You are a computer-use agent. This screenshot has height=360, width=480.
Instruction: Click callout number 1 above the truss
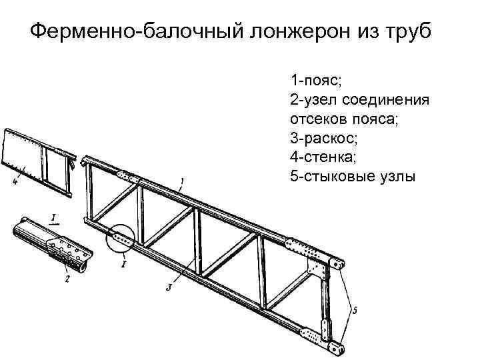[182, 180]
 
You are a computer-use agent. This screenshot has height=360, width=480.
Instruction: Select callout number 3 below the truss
[169, 287]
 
